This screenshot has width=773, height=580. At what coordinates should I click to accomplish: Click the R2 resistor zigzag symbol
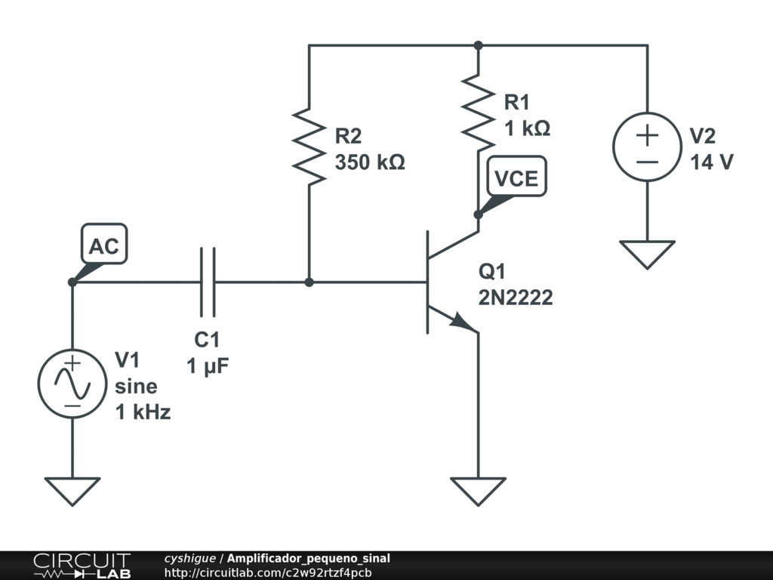point(309,147)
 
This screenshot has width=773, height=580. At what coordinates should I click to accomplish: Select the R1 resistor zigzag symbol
point(478,113)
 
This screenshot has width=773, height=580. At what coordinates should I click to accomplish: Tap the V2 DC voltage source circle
point(647,147)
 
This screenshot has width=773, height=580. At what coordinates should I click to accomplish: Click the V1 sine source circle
point(72,384)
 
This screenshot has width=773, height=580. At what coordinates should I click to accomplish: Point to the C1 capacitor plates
point(208,282)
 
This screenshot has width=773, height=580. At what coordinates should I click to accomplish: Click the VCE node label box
point(516,177)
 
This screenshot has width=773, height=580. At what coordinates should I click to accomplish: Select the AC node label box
point(104,244)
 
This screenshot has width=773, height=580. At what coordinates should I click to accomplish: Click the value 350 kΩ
point(370,162)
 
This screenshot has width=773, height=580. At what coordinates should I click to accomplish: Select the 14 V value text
point(712,162)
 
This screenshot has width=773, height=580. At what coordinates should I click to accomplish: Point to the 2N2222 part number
point(516,298)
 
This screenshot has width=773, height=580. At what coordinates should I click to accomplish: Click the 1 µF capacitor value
point(208,366)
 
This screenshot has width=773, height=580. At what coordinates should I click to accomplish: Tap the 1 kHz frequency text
point(143,412)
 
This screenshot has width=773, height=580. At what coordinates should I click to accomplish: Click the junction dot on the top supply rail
point(478,45)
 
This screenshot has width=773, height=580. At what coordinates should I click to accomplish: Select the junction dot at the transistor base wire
point(309,282)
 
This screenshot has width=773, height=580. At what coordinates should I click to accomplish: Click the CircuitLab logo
point(82,566)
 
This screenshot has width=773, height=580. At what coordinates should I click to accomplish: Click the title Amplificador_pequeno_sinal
point(309,559)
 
